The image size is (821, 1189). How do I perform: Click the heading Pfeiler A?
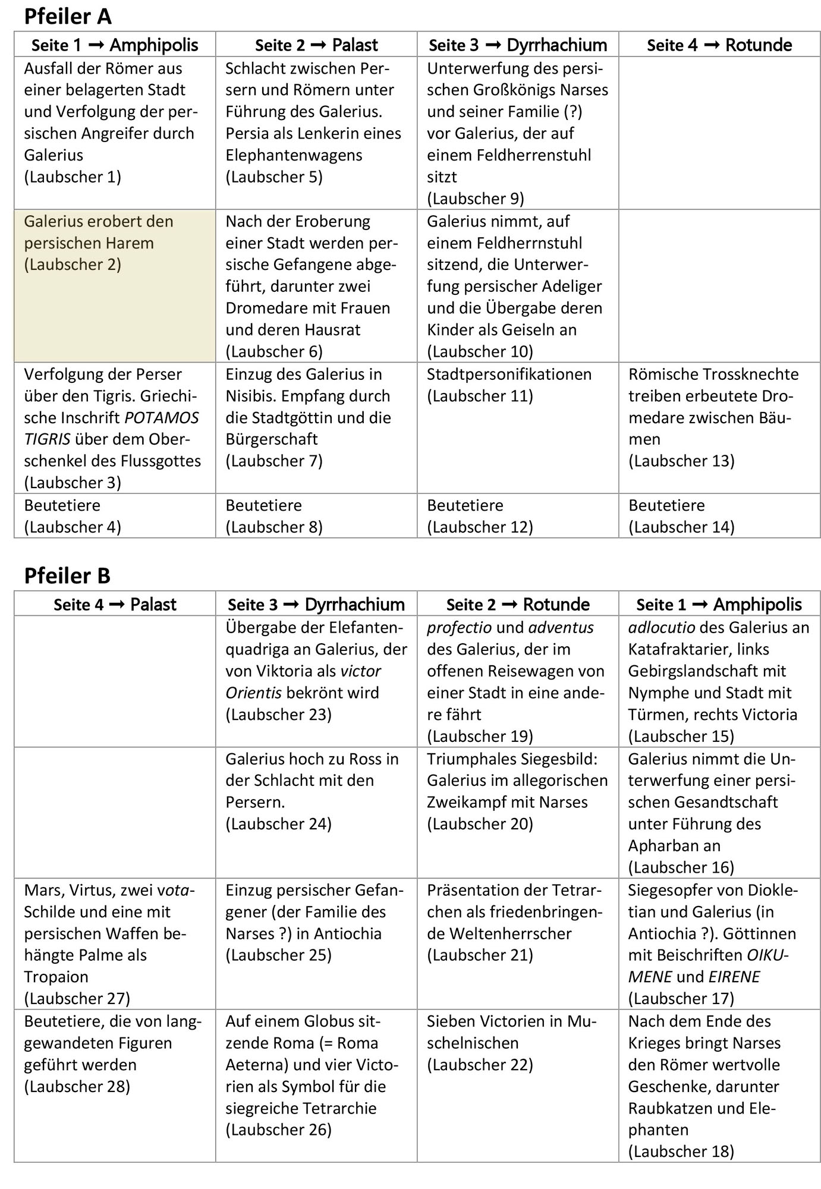tap(67, 17)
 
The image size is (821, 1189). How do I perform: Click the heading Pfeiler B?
tap(67, 575)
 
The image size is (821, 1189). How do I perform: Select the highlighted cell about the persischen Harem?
tap(115, 285)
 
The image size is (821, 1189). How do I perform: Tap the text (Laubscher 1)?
tap(73, 177)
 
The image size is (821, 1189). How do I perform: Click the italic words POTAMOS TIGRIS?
tap(112, 429)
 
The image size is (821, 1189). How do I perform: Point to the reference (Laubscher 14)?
tap(681, 527)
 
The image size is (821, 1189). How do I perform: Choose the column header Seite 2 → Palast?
tap(316, 45)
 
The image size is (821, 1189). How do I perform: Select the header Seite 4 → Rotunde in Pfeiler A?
tap(719, 45)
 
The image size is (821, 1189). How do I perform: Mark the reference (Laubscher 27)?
tap(77, 998)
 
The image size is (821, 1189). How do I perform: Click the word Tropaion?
tap(56, 977)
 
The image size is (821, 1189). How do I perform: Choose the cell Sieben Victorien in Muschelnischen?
tap(517, 1043)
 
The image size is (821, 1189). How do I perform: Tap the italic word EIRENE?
tap(734, 977)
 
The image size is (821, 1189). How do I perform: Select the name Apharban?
tap(665, 846)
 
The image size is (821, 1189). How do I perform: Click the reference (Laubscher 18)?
tap(681, 1152)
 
